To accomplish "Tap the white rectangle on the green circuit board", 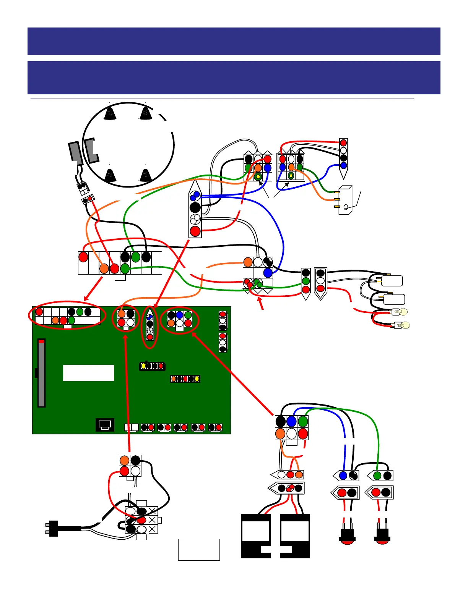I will point(88,373).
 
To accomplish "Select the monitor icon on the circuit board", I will point(105,425).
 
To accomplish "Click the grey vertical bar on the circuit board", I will point(41,373).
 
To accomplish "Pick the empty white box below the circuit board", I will point(199,550).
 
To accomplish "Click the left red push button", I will point(347,536).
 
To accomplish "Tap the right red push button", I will point(382,536).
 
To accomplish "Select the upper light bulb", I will point(400,312).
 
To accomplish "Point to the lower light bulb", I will point(402,325).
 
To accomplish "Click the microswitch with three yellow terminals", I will point(345,200).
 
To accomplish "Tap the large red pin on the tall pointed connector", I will point(195,231).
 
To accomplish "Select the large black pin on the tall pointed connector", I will point(195,207).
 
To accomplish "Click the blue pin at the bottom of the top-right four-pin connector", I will point(343,165).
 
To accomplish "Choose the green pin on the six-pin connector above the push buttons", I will point(303,421).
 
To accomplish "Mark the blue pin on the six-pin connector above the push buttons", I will point(291,421).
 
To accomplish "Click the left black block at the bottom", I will point(256,536).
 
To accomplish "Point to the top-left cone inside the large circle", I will point(110,113).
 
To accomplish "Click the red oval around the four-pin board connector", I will point(125,319).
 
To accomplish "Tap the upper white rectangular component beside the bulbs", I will point(392,281).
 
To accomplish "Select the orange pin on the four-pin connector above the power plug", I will point(124,460).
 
